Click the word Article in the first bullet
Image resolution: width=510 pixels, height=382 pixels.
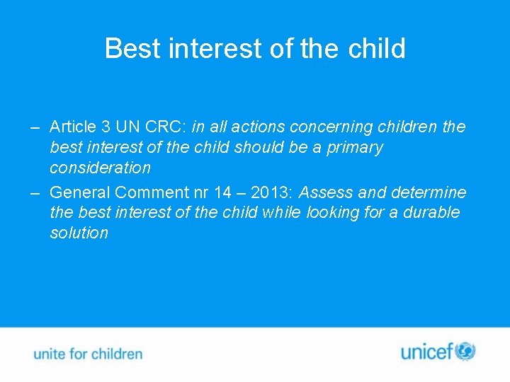click(73, 127)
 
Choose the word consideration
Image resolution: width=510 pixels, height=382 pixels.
click(100, 168)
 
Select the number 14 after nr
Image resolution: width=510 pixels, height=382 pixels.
click(223, 192)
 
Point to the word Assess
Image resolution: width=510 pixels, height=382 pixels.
click(323, 192)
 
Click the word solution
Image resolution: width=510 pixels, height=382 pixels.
click(79, 233)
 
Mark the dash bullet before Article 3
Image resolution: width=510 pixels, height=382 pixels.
click(35, 128)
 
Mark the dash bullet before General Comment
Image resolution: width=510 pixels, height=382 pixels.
click(35, 193)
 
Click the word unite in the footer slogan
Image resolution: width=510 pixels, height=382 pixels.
click(49, 354)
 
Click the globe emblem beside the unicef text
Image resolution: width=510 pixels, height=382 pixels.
click(465, 351)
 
